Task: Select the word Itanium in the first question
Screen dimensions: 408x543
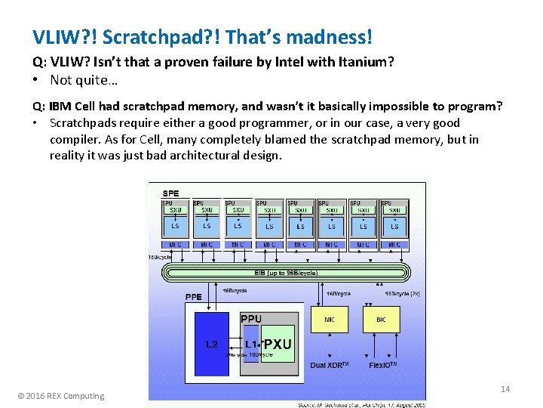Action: [x=359, y=62]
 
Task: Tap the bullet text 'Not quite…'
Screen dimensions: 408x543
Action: [x=84, y=79]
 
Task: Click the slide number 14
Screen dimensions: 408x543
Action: [x=505, y=388]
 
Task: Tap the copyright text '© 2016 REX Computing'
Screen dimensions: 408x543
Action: [x=61, y=396]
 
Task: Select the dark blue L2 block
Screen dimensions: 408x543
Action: [x=212, y=345]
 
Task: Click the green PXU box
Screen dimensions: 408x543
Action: [x=277, y=345]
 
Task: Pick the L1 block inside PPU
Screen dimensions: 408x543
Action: [x=250, y=344]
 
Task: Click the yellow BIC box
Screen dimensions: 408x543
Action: [x=381, y=320]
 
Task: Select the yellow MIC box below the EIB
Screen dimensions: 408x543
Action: [x=330, y=320]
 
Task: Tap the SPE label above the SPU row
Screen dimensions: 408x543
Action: [x=170, y=193]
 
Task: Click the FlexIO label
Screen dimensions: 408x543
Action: [x=382, y=366]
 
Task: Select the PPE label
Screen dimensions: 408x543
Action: [x=193, y=297]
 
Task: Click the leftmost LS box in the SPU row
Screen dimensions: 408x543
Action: [x=175, y=225]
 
